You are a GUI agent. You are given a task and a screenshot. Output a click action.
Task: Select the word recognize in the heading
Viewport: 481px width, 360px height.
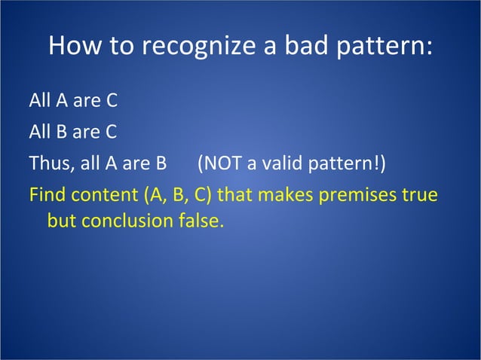pos(195,47)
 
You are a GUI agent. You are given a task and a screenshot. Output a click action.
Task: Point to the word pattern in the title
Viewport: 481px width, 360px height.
pos(381,47)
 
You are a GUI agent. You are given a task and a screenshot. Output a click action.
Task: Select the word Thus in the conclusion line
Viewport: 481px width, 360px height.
pos(46,163)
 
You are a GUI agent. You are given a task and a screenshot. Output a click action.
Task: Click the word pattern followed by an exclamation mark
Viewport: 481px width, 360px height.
pos(344,163)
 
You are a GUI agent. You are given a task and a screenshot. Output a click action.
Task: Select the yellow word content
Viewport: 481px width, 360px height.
pos(103,195)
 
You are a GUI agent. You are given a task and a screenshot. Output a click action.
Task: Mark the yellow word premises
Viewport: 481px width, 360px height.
pos(358,195)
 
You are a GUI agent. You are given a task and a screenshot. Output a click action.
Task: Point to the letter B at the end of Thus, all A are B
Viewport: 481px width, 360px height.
pos(170,163)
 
